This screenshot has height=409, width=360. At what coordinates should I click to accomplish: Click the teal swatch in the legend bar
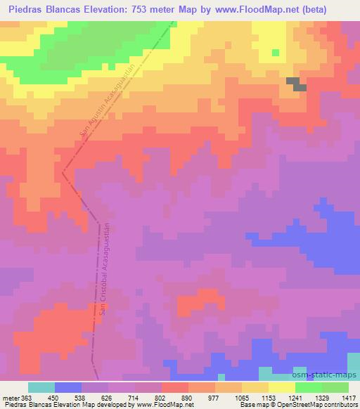(x=41, y=387)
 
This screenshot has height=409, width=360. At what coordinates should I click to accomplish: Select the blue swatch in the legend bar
(x=67, y=387)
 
